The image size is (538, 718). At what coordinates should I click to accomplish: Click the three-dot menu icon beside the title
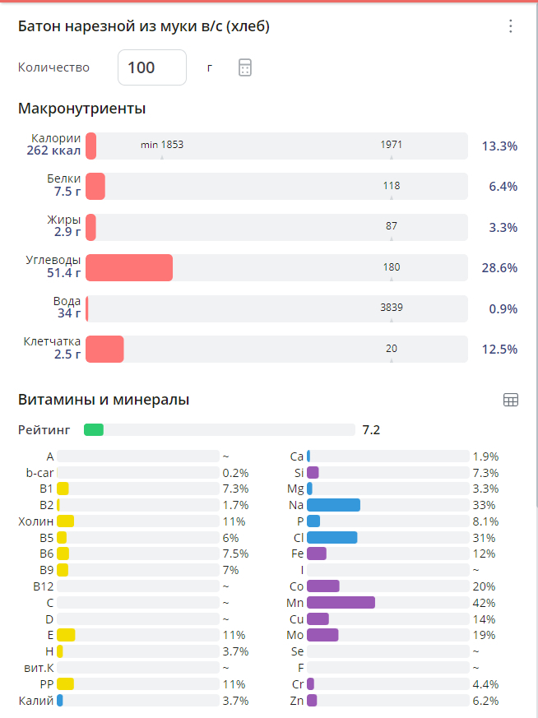(510, 26)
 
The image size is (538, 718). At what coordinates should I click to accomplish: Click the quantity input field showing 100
(152, 67)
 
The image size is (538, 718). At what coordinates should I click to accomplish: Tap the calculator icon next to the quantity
(244, 67)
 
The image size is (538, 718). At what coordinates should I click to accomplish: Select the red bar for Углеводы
(129, 268)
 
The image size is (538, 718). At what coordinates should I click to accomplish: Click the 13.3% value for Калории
(499, 146)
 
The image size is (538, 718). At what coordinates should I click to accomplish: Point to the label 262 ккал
(53, 151)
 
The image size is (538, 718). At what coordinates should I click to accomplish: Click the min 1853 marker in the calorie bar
(162, 145)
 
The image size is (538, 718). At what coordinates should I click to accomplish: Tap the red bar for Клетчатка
(104, 349)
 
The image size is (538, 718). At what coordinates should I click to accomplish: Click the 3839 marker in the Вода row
(391, 308)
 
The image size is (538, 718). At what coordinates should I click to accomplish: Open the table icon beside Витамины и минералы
(510, 400)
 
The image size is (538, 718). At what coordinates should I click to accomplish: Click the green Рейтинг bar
(94, 429)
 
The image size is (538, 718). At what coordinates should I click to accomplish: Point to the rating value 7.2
(371, 429)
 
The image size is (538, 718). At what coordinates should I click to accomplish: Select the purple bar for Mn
(341, 603)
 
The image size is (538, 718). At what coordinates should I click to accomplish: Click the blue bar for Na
(333, 505)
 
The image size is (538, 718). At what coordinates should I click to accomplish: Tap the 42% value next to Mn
(484, 603)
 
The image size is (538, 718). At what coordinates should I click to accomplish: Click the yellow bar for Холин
(66, 521)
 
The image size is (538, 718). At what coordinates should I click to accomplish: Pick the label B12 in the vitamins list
(43, 586)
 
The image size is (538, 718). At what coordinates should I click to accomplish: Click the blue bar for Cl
(332, 538)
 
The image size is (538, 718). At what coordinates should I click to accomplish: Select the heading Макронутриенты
(81, 109)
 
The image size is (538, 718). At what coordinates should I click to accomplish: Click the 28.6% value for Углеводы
(499, 268)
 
